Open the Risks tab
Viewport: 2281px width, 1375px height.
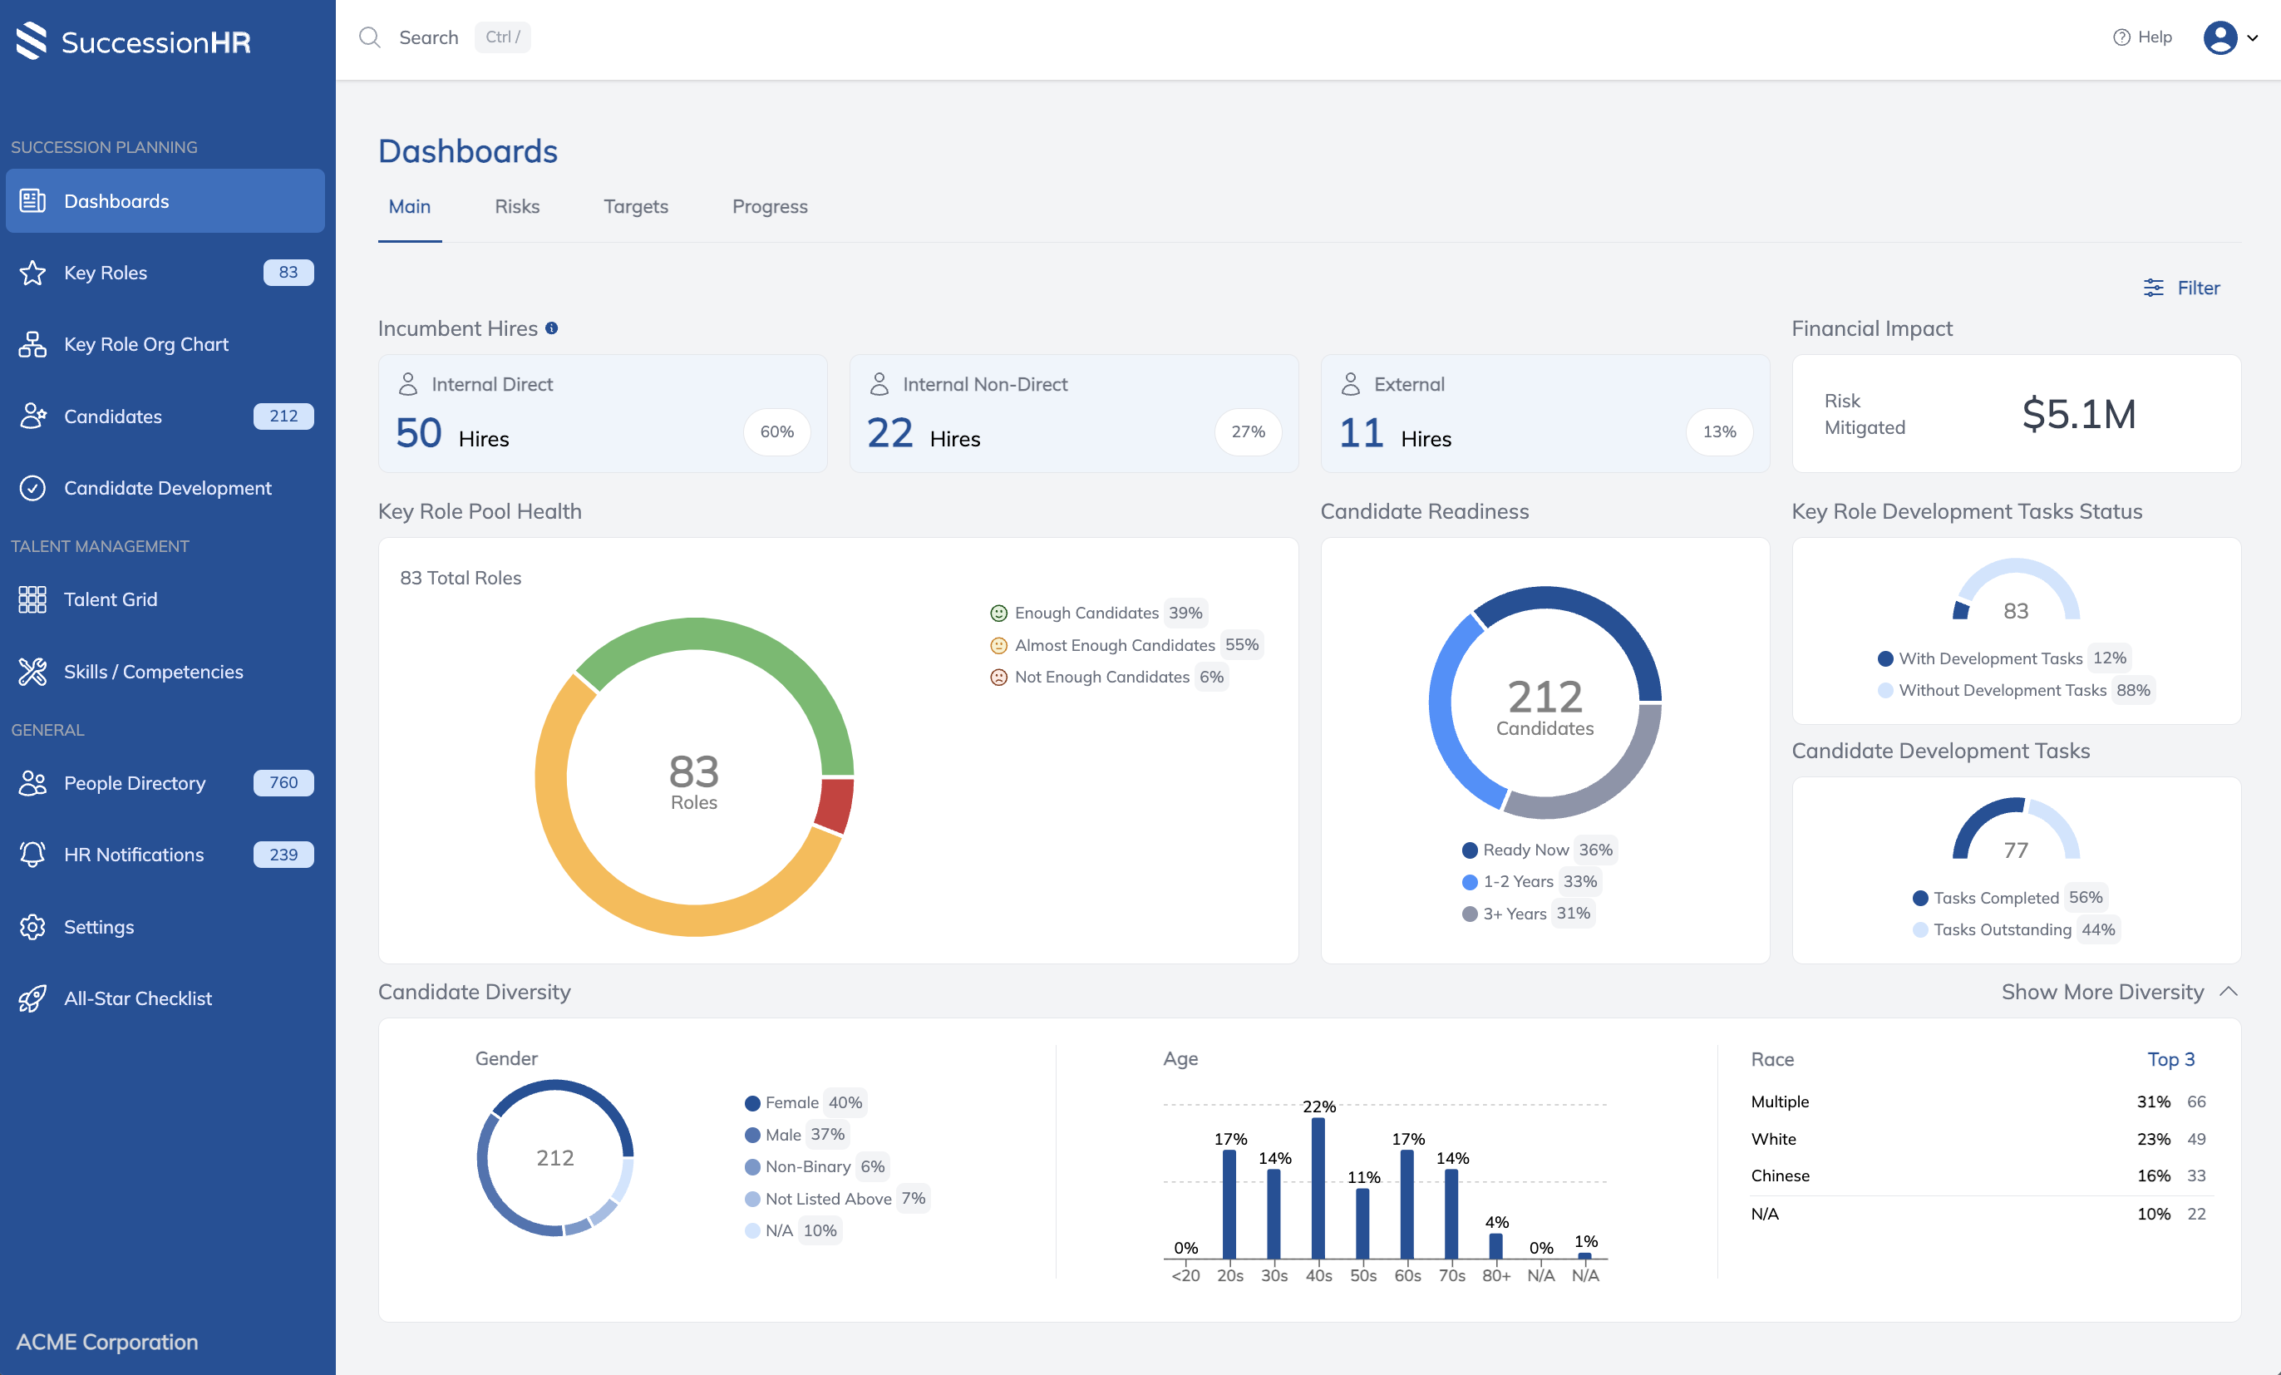point(516,206)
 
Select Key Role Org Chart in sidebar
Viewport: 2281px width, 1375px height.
point(145,344)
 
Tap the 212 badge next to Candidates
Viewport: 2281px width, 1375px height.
point(283,416)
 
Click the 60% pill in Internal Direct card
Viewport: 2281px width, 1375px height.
point(776,431)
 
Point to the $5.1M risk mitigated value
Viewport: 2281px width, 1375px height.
point(2078,414)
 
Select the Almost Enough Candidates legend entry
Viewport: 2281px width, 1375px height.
point(1114,645)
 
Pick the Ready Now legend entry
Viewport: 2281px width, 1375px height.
point(1525,850)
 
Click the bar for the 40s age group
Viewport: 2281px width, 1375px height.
point(1318,1188)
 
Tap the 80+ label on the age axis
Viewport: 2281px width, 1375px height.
point(1496,1276)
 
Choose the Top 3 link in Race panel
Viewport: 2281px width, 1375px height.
point(2170,1059)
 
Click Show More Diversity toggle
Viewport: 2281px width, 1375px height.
point(2118,993)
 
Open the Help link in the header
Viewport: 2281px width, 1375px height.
point(2142,37)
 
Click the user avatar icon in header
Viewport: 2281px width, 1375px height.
point(2219,38)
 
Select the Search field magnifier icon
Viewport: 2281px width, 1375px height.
point(369,37)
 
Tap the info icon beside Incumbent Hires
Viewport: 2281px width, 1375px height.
point(552,328)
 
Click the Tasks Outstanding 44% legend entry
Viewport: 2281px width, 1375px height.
point(2014,929)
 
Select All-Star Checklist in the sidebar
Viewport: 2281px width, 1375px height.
point(137,998)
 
